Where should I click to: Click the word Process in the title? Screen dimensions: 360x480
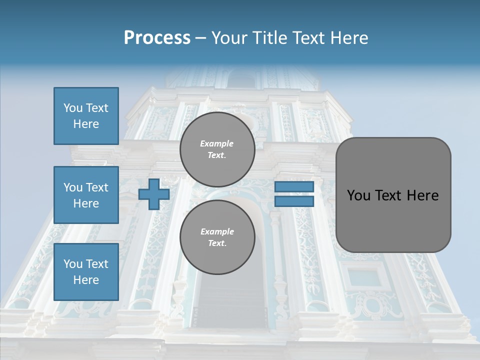tap(157, 38)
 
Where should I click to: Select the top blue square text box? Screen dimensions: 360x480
tap(86, 116)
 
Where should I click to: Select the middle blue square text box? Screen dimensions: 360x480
tap(86, 195)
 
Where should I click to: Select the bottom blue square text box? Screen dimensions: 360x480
tap(86, 272)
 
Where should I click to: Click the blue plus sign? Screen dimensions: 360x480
tap(154, 194)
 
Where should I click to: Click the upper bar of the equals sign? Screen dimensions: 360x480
tap(294, 186)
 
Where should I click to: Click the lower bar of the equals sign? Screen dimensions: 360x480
tap(294, 201)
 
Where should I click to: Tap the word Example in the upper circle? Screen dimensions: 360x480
tap(217, 143)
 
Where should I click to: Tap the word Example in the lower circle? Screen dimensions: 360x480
tap(217, 231)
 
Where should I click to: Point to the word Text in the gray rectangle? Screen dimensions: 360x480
tap(389, 195)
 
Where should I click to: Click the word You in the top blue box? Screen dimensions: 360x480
tap(73, 108)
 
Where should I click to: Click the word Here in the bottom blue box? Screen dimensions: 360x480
tap(86, 280)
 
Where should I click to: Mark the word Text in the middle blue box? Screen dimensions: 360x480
tap(97, 187)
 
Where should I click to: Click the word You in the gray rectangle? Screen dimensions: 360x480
tap(358, 195)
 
